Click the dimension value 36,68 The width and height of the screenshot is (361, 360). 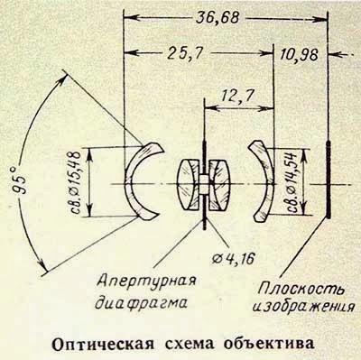pyautogui.click(x=218, y=18)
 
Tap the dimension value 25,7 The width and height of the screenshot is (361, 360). pyautogui.click(x=184, y=54)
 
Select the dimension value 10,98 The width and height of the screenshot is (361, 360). pyautogui.click(x=299, y=55)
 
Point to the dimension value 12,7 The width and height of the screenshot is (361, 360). pyautogui.click(x=237, y=97)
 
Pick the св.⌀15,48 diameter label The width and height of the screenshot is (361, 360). pyautogui.click(x=75, y=182)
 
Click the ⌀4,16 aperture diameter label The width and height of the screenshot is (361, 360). pyautogui.click(x=233, y=258)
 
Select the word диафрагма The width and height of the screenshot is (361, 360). pyautogui.click(x=141, y=302)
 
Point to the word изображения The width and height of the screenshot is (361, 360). pyautogui.click(x=301, y=306)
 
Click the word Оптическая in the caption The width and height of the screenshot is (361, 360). pyautogui.click(x=101, y=344)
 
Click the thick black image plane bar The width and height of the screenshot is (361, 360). pyautogui.click(x=329, y=180)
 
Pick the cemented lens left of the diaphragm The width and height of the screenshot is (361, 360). pyautogui.click(x=189, y=184)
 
